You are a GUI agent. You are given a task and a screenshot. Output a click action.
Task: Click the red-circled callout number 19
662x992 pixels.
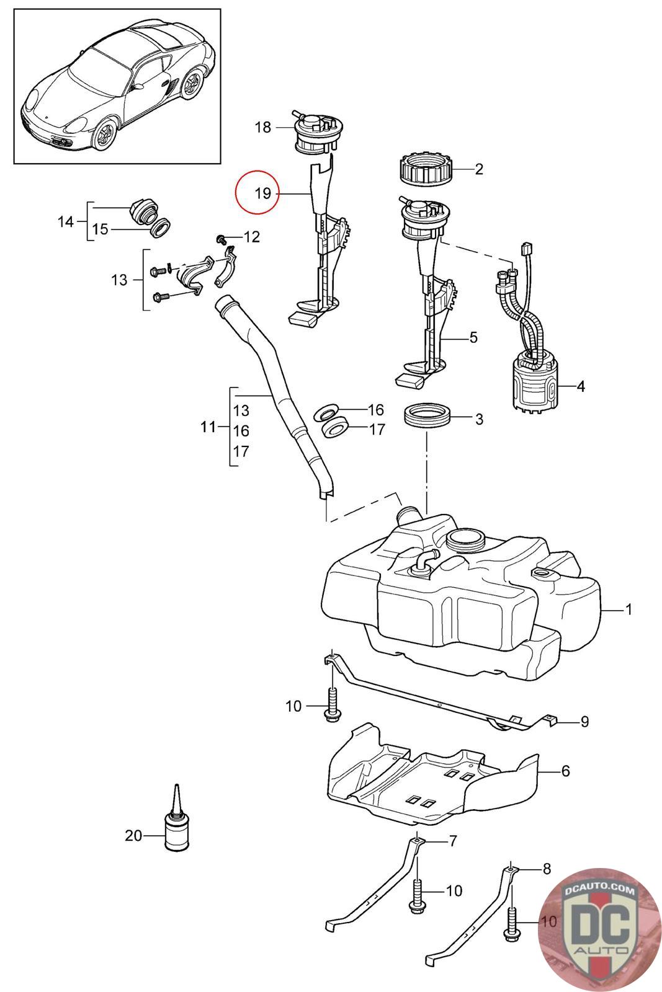(x=263, y=193)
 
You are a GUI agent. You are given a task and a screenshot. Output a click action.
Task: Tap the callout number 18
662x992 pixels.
(x=262, y=127)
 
